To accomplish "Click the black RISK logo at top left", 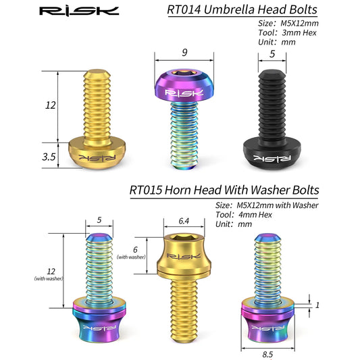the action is point(79,11).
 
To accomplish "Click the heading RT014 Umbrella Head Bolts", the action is point(242,9).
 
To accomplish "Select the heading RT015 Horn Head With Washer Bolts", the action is point(224,190).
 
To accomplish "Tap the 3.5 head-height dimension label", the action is point(49,157).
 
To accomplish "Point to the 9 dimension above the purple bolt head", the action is point(184,53).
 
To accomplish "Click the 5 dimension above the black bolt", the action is point(272,54).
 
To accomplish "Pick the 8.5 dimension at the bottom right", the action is point(267,355).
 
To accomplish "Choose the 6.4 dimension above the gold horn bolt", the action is point(184,221).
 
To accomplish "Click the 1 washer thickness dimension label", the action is point(317,305).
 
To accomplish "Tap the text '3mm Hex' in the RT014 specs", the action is point(299,33).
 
